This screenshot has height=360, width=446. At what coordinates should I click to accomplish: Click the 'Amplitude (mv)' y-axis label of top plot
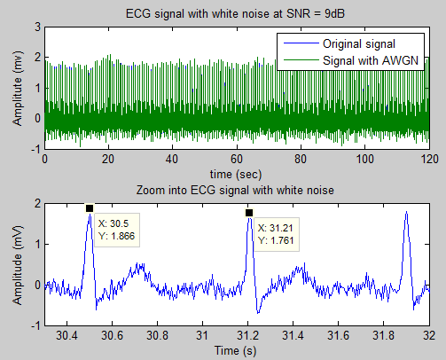click(17, 87)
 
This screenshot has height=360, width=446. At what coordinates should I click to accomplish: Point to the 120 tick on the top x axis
click(428, 158)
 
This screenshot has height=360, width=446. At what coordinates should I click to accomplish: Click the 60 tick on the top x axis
click(237, 158)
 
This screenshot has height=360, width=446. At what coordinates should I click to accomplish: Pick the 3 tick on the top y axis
click(35, 27)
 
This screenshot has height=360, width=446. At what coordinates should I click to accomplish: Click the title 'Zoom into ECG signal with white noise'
click(237, 191)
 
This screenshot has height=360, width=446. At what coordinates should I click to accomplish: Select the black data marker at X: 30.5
click(90, 208)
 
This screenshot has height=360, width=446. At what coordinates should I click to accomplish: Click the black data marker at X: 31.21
click(249, 213)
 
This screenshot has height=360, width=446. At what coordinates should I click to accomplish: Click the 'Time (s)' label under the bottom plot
click(237, 350)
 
